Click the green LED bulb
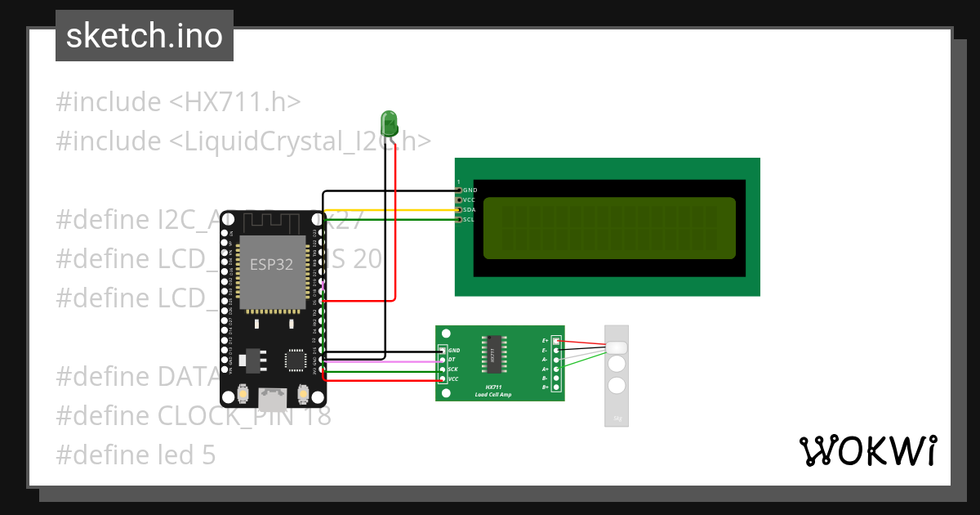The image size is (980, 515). [390, 124]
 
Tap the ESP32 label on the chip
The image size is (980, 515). [272, 264]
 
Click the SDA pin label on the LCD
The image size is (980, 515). [469, 210]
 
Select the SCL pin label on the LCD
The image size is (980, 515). [469, 220]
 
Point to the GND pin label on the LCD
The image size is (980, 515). [470, 190]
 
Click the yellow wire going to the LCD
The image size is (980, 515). [392, 210]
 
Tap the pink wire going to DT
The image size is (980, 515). [384, 360]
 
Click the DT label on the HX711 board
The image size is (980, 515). [452, 360]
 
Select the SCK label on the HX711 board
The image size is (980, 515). [452, 369]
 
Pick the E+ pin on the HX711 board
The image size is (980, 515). [556, 340]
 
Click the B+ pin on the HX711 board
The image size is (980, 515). [556, 387]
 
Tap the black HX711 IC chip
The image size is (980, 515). [493, 356]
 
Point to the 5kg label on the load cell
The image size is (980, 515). [617, 419]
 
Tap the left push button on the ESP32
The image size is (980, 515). [243, 395]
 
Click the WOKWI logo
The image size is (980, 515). [867, 450]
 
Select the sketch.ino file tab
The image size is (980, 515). [145, 36]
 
